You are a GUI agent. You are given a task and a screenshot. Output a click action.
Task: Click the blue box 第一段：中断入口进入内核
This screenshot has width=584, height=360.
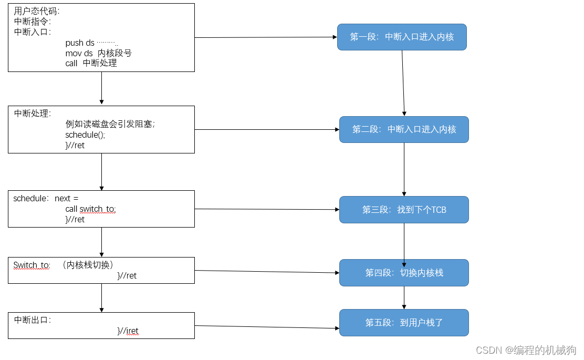pos(402,37)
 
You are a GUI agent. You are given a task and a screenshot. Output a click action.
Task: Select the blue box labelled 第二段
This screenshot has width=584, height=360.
pos(404,129)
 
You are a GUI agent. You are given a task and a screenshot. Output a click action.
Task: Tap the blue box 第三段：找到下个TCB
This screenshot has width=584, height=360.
pos(404,210)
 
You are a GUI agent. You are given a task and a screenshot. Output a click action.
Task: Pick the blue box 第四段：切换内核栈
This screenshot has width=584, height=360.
pos(404,273)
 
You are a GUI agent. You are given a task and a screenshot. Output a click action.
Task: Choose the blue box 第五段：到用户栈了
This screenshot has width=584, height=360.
pos(404,323)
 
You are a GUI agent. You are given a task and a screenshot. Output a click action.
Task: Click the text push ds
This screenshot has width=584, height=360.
pos(80,43)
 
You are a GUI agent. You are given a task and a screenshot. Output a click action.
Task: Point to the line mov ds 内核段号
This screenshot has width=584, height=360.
pos(98,53)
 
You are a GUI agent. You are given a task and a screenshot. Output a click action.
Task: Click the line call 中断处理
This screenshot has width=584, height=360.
pos(91,63)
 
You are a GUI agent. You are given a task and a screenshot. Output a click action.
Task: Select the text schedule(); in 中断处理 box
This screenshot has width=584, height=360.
pos(85,135)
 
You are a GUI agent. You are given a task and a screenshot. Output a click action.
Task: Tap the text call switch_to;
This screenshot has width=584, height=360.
pos(90,209)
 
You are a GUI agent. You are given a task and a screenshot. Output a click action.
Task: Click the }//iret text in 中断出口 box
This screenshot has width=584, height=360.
pos(128,331)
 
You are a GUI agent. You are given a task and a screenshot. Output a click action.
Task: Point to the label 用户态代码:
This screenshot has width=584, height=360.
pos(37,12)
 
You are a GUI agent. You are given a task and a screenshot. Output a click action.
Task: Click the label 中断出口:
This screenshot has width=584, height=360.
pos(33,320)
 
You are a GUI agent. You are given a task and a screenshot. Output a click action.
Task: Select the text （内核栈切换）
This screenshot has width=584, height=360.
pos(87,265)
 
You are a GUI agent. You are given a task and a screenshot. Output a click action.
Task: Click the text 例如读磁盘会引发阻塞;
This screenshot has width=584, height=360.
pos(110,124)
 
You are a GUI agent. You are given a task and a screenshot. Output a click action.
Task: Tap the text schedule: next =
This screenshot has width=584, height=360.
pos(46,199)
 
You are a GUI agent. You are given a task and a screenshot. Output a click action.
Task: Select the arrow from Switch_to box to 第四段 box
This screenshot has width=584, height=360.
pos(267,272)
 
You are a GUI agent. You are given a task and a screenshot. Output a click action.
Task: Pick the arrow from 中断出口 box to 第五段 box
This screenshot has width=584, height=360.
pos(267,327)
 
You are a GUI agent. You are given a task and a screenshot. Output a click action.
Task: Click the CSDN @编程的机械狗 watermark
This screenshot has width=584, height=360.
pos(526,350)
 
